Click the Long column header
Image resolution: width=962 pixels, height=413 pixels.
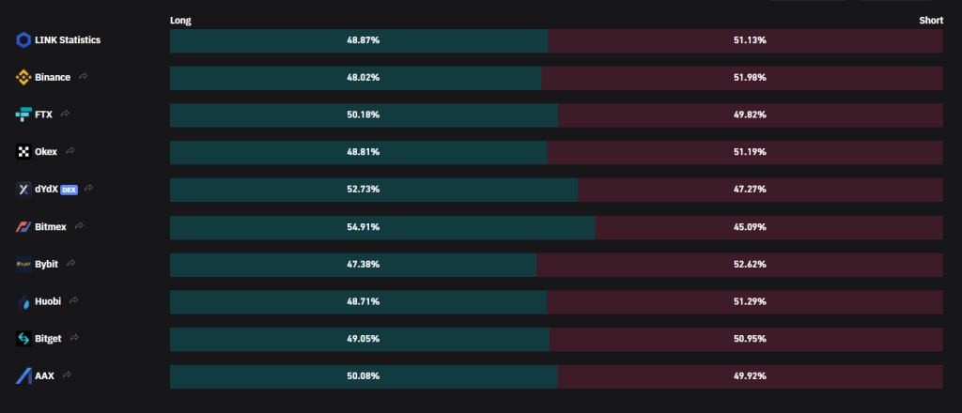pos(180,21)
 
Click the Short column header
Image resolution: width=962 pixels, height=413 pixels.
pos(931,21)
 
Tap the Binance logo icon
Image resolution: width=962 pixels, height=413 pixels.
pos(23,77)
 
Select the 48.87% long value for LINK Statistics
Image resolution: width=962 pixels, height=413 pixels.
pos(364,40)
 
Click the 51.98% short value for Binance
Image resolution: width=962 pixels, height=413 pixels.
pos(750,78)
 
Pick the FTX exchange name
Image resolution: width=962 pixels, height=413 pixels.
pos(43,115)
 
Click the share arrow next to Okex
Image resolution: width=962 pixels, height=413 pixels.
pos(70,151)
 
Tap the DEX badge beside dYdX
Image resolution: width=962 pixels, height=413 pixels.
pos(69,190)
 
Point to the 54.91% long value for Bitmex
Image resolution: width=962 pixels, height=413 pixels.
pos(364,227)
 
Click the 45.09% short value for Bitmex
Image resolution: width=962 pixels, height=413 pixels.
pos(750,227)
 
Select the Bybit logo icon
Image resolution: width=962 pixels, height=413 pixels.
pos(23,264)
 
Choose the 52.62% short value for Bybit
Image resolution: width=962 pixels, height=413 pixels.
pos(750,265)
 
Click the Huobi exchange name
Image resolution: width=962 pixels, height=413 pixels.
pos(48,301)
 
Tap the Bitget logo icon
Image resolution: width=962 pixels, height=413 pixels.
pos(23,339)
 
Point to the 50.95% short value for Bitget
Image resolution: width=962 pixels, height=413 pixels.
pos(750,340)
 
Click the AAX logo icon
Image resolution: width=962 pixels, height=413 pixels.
pos(23,376)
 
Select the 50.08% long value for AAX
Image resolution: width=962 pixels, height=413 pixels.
pos(364,376)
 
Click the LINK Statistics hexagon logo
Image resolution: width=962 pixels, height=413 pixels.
pos(23,40)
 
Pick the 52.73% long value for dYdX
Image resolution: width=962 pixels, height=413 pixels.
pos(364,190)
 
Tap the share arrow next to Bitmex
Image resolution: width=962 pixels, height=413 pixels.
pos(79,226)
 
